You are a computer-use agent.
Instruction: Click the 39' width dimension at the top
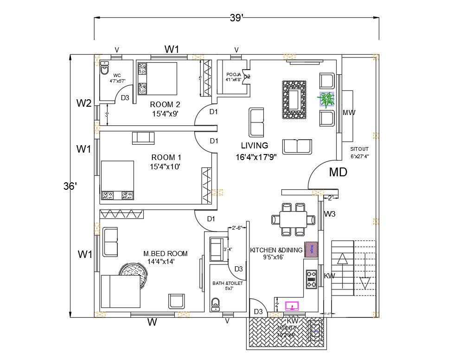pyautogui.click(x=236, y=18)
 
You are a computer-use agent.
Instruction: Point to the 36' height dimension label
pyautogui.click(x=70, y=186)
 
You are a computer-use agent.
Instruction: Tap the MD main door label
pyautogui.click(x=338, y=172)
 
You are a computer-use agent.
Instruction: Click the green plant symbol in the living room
pyautogui.click(x=326, y=99)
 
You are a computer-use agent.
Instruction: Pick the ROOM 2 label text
pyautogui.click(x=165, y=104)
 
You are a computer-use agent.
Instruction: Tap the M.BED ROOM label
pyautogui.click(x=166, y=253)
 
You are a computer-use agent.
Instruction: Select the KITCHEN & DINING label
pyautogui.click(x=276, y=250)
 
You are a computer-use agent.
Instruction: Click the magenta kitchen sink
pyautogui.click(x=292, y=306)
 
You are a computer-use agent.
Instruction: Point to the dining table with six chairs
pyautogui.click(x=293, y=218)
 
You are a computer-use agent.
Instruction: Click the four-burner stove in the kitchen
pyautogui.click(x=312, y=279)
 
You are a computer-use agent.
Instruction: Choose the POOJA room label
pyautogui.click(x=233, y=74)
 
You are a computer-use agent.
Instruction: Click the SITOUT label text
pyautogui.click(x=359, y=149)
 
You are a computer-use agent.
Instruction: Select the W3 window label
pyautogui.click(x=330, y=214)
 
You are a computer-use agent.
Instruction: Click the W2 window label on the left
pyautogui.click(x=84, y=103)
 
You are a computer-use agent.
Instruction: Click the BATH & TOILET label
pyautogui.click(x=227, y=283)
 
